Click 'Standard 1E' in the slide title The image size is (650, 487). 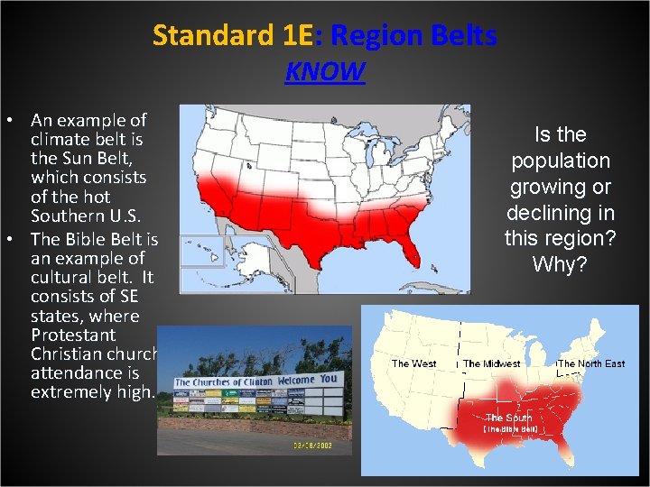[x=231, y=35]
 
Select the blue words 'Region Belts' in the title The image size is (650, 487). [x=413, y=35]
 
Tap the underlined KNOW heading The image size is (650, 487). [x=325, y=71]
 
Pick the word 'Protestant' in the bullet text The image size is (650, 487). [x=73, y=335]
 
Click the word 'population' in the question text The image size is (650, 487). [x=560, y=161]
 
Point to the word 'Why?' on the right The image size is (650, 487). [x=560, y=265]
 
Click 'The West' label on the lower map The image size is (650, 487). [x=413, y=363]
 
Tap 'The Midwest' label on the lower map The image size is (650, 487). [x=492, y=363]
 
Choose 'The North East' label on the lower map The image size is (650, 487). [x=592, y=363]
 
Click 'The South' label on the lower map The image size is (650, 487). [x=509, y=418]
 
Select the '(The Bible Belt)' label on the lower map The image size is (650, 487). [x=511, y=429]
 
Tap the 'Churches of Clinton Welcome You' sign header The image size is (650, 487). [x=255, y=381]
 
